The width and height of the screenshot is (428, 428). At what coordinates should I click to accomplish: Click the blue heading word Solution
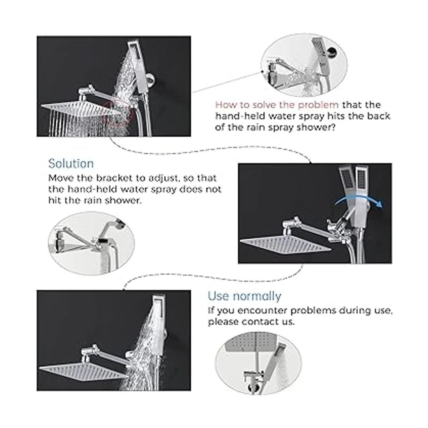[x=71, y=164]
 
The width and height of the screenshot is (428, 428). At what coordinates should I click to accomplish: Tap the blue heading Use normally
[x=245, y=296]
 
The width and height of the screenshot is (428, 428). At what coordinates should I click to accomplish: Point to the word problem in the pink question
[x=318, y=105]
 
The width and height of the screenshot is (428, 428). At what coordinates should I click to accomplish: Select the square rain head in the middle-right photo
[x=286, y=244]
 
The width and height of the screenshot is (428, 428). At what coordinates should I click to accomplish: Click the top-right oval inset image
[x=304, y=66]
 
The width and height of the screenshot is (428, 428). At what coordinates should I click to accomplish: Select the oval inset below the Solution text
[x=91, y=244]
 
